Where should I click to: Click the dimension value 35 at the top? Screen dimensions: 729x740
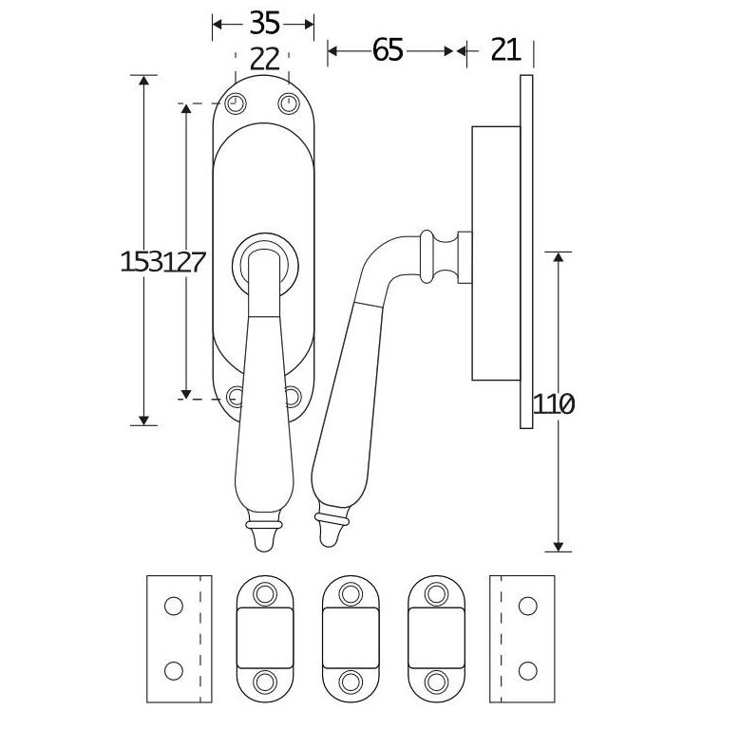coord(262,22)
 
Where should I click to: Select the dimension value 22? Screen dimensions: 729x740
coord(263,59)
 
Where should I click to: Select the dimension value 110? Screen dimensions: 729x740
coord(554,404)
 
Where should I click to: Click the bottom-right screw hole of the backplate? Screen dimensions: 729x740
coord(292,397)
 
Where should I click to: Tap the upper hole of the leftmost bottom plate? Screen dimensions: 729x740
coord(173,605)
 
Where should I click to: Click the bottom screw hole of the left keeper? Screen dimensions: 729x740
coord(264,680)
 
